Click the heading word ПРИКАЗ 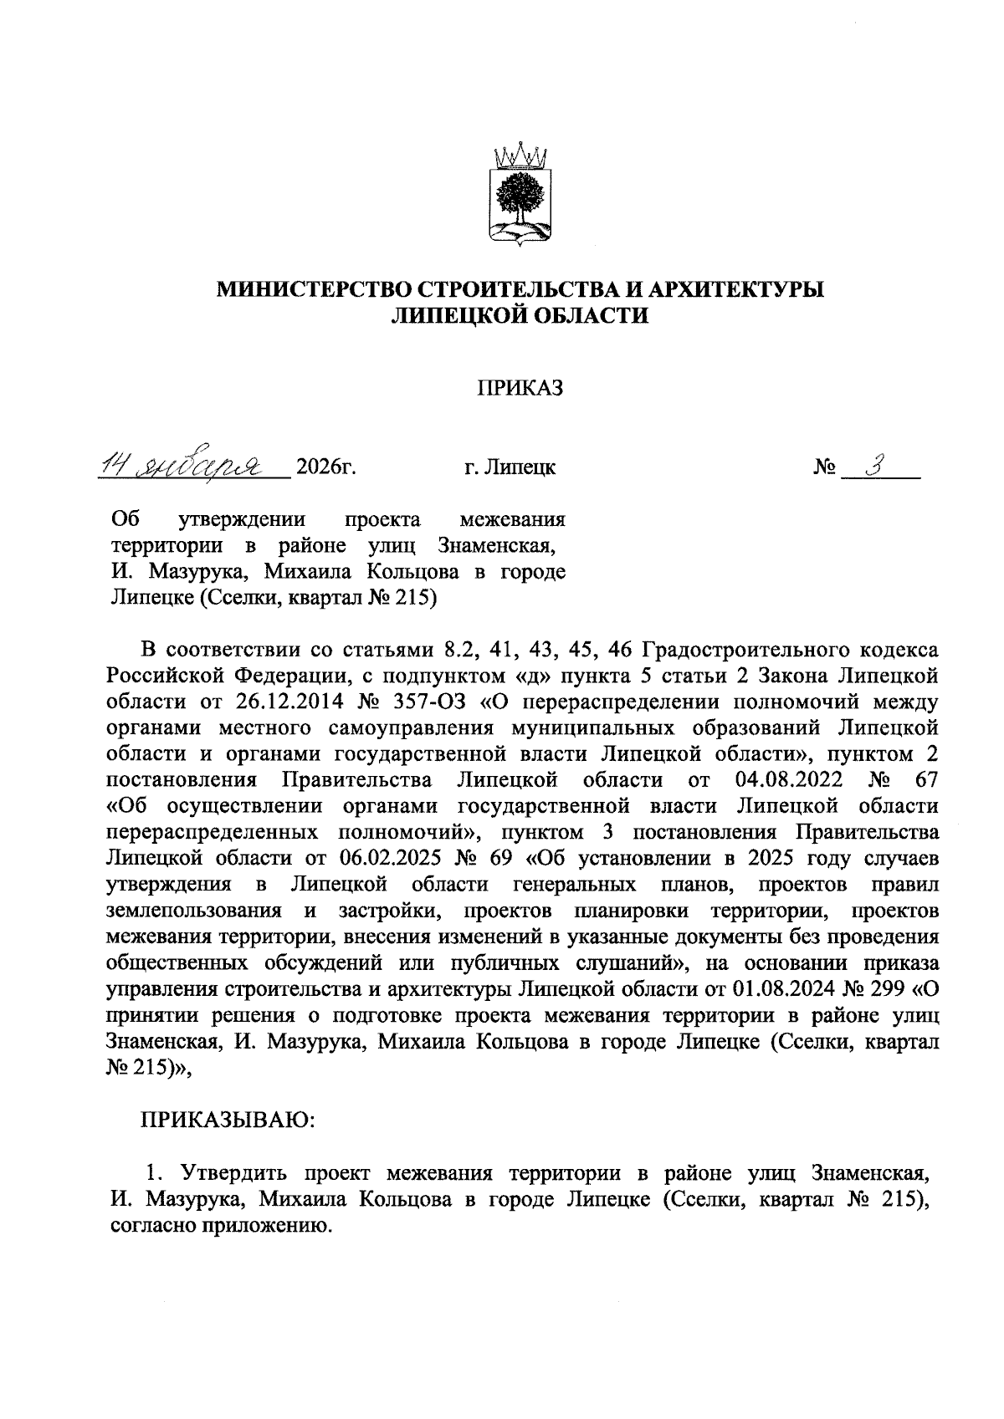520,388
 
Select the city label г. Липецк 510,467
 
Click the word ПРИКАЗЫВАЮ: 227,1119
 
